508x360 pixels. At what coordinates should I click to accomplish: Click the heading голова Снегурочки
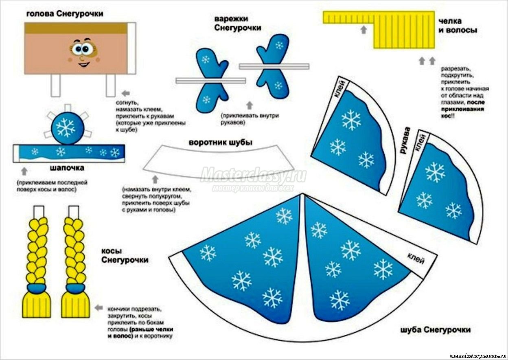point(64,14)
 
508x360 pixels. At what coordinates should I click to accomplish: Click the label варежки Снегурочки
point(238,24)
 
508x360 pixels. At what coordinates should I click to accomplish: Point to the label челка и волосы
point(458,25)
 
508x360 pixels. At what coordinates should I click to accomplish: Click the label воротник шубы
point(220,143)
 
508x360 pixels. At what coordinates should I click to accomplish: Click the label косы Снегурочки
point(125,255)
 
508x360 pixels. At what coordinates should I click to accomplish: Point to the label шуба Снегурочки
point(435,329)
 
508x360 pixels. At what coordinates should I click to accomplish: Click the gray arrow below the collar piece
point(155,179)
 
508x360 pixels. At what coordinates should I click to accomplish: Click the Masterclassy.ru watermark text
point(253,174)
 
